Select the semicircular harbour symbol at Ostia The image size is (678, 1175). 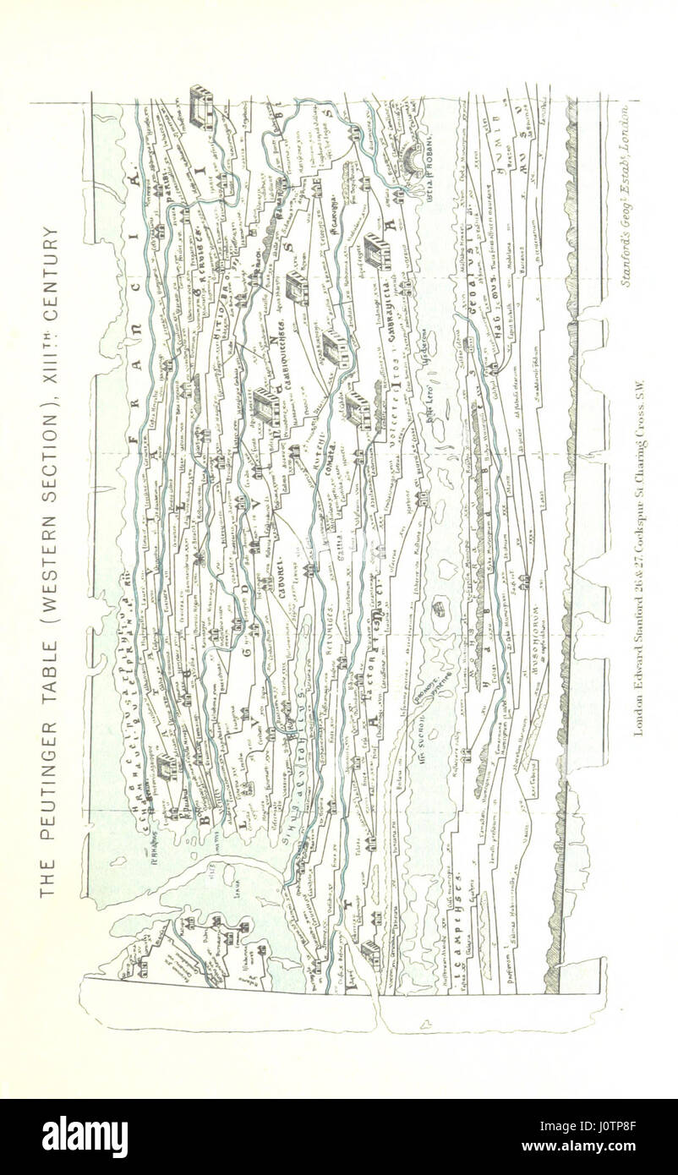[416, 167]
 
